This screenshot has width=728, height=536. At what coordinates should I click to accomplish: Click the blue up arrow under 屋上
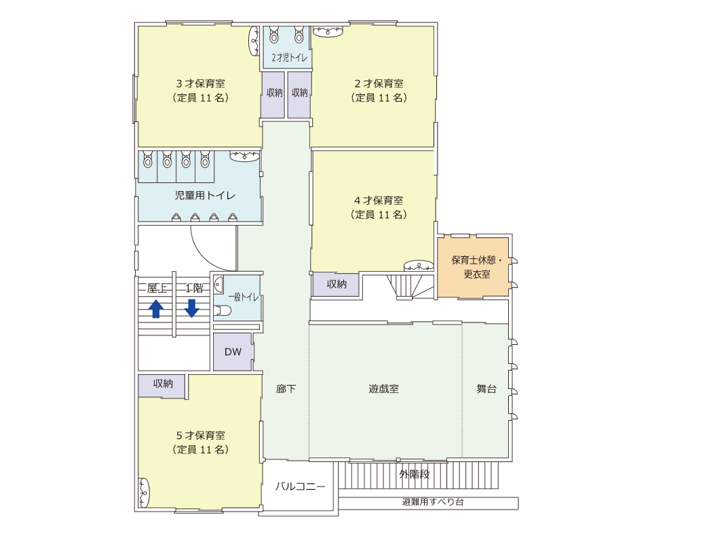tap(156, 309)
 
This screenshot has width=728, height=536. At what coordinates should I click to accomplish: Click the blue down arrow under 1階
tap(192, 308)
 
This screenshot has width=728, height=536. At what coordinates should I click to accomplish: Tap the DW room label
tap(233, 352)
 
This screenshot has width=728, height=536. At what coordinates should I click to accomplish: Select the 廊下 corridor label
tap(286, 389)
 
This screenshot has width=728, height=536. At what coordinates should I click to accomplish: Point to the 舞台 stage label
tap(486, 389)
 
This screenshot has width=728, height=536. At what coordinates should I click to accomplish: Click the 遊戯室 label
tap(383, 389)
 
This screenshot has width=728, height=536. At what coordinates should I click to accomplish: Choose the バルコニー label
tap(300, 487)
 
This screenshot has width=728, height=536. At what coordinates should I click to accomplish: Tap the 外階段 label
tap(415, 474)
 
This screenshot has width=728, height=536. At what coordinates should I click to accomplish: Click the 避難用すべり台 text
tap(433, 501)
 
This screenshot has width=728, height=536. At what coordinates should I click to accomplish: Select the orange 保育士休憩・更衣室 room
tap(473, 267)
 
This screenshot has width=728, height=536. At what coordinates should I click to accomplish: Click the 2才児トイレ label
tap(289, 58)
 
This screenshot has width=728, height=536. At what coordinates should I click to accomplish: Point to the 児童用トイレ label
tap(205, 196)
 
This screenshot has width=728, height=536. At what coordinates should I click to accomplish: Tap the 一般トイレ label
tap(244, 297)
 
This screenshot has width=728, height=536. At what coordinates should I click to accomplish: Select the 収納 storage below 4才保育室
tap(336, 284)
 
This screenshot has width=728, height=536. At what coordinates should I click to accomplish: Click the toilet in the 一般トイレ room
tap(223, 310)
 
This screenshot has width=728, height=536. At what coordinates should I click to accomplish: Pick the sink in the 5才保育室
tap(144, 493)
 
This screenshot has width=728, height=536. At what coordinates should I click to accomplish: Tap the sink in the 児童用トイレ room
tap(245, 156)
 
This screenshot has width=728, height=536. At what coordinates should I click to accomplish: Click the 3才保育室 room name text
tap(201, 84)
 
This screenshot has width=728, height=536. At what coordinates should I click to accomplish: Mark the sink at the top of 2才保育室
tap(328, 31)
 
